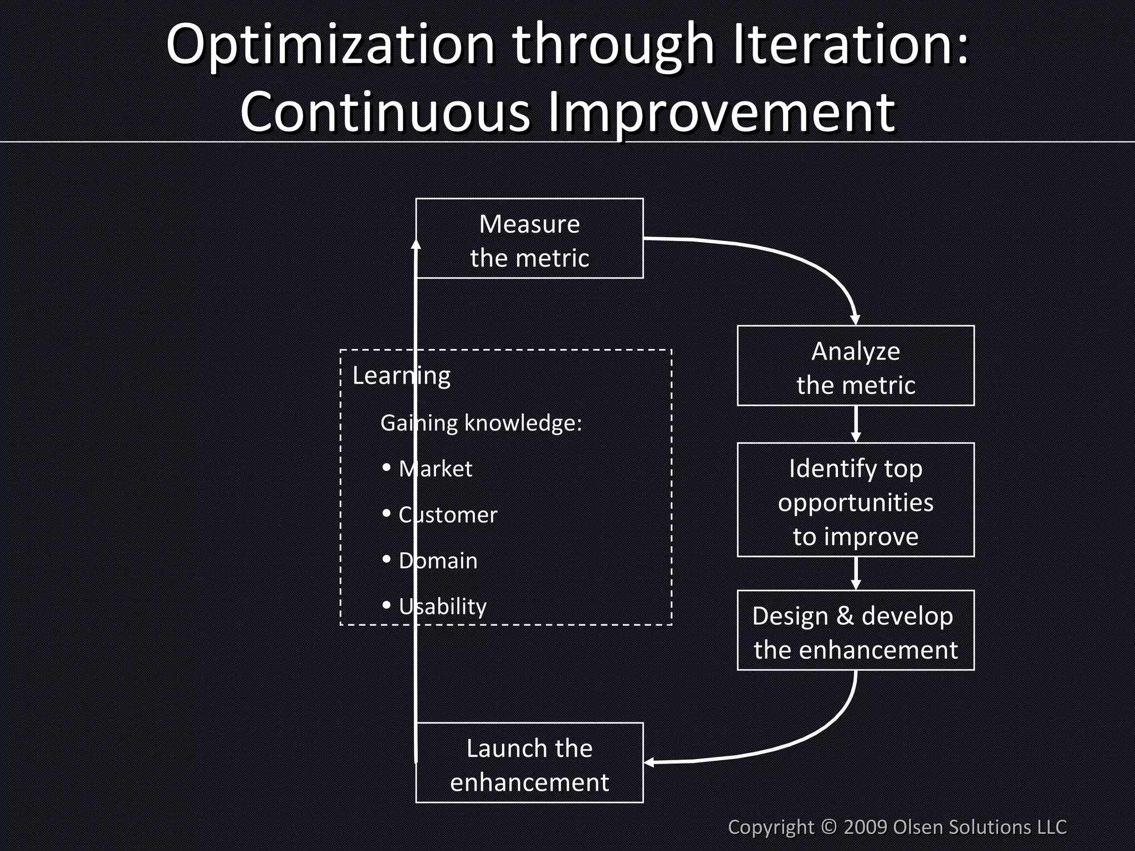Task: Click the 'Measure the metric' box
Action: click(x=529, y=238)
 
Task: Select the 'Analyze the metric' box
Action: click(x=855, y=366)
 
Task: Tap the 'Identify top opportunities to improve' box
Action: click(x=855, y=500)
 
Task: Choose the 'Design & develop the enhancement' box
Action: click(x=855, y=630)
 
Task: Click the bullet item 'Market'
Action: click(x=436, y=469)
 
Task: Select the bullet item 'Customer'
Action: click(x=448, y=515)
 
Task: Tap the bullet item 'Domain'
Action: click(x=438, y=561)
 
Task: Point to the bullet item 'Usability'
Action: click(x=442, y=607)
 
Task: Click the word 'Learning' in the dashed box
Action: click(x=401, y=376)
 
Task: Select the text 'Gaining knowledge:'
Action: click(x=481, y=423)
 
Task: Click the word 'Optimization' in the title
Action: click(x=330, y=45)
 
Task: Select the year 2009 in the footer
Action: click(x=866, y=827)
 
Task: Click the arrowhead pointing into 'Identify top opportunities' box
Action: click(x=856, y=437)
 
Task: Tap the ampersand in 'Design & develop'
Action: click(x=845, y=616)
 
